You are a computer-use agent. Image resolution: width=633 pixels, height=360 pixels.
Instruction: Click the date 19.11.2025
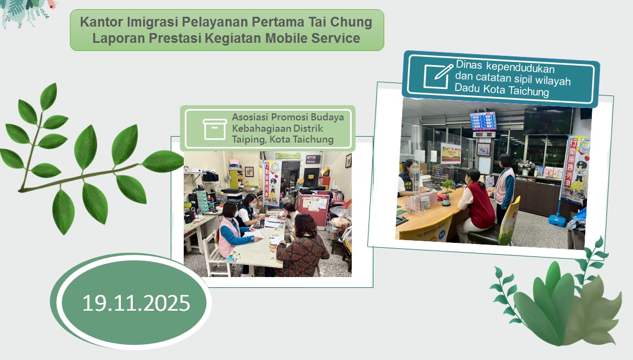click(136, 303)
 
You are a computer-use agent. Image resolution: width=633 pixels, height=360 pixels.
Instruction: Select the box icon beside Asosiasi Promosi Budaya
click(215, 130)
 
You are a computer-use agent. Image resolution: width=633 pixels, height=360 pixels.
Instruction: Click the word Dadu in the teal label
click(466, 91)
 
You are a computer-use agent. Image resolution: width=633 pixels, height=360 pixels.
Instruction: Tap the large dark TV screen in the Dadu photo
click(547, 120)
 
